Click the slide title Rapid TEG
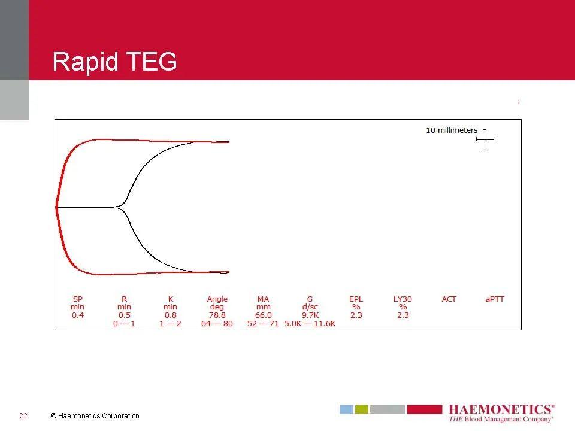(x=114, y=62)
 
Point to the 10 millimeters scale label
(x=452, y=130)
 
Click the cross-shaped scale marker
(x=485, y=139)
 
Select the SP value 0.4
(x=78, y=315)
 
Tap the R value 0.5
(x=125, y=315)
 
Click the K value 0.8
(x=171, y=315)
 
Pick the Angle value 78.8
(x=217, y=315)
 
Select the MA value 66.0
(x=264, y=315)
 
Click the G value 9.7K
(x=310, y=315)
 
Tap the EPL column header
(x=356, y=299)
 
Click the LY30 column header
(x=402, y=299)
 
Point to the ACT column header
(x=449, y=299)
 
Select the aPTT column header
(x=495, y=299)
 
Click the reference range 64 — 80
(x=217, y=324)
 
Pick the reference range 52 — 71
(x=264, y=324)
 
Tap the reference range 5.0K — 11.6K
(x=310, y=324)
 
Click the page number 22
(x=23, y=416)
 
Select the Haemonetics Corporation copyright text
(x=95, y=416)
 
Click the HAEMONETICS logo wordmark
(x=502, y=409)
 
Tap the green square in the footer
(x=362, y=409)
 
